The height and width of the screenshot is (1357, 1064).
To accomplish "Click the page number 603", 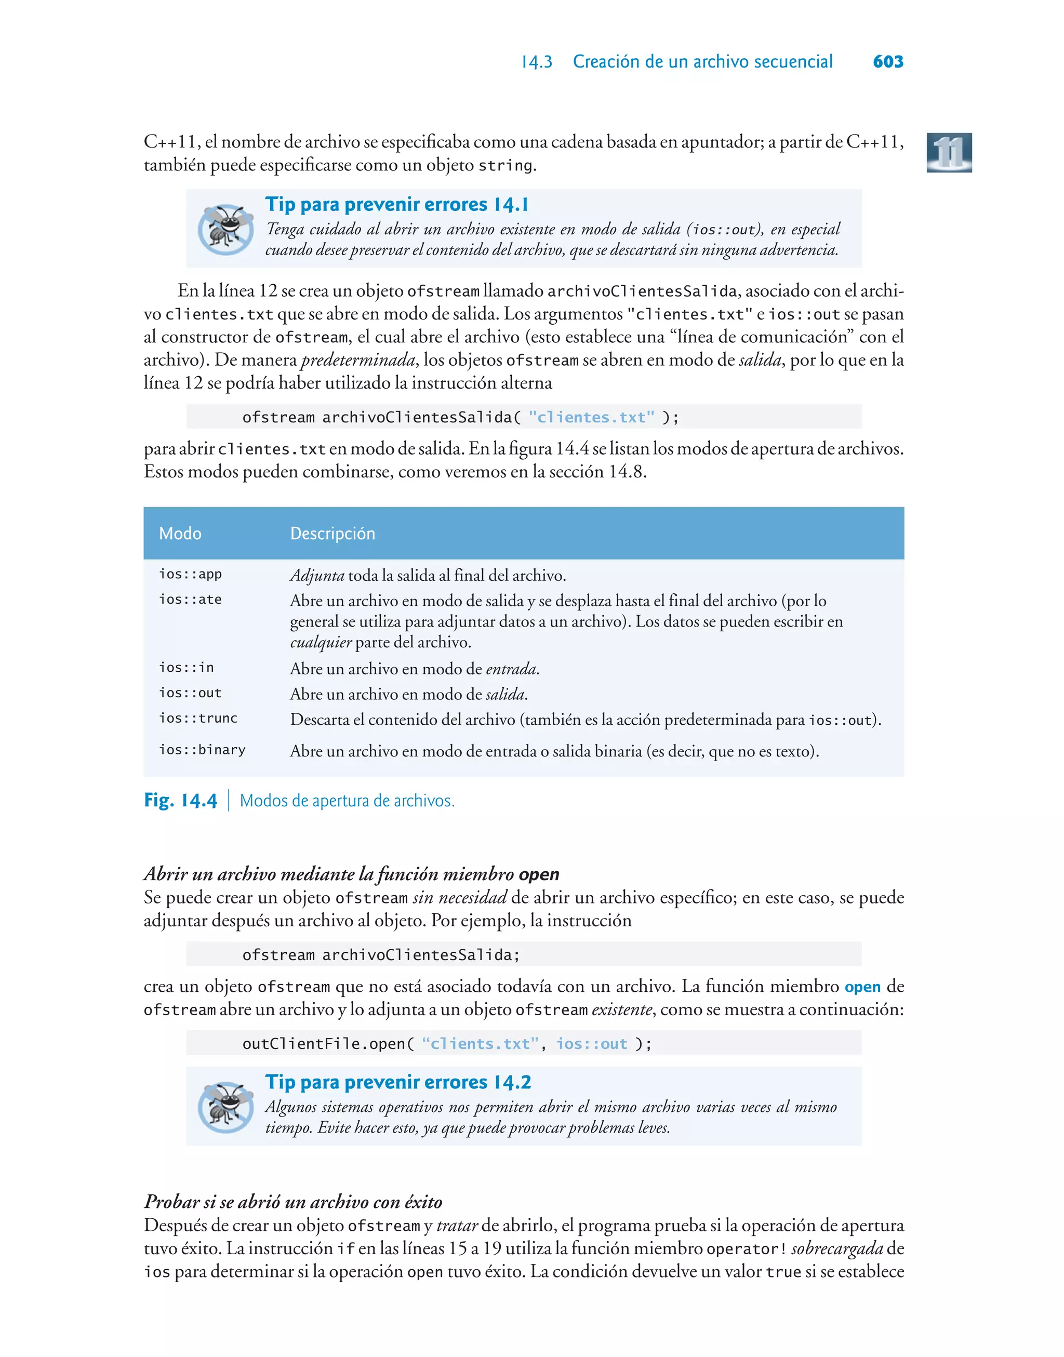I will click(x=888, y=62).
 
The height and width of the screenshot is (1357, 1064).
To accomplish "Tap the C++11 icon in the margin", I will click(x=949, y=153).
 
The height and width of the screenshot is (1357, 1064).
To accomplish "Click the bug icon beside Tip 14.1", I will click(x=225, y=229).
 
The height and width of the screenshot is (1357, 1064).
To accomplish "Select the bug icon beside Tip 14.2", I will click(x=225, y=1107).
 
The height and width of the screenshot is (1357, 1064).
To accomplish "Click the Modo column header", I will click(x=180, y=534).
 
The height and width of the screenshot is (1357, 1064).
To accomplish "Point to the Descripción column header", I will click(x=332, y=534).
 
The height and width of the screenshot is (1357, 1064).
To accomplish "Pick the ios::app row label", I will click(x=190, y=574).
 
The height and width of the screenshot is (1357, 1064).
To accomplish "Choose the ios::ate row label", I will click(x=190, y=600).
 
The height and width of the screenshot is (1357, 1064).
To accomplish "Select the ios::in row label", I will click(x=187, y=668).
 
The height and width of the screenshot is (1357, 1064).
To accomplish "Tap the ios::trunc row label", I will click(x=198, y=718).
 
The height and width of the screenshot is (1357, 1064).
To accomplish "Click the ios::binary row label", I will click(x=202, y=750).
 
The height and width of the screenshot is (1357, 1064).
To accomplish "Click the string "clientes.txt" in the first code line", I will click(x=591, y=417).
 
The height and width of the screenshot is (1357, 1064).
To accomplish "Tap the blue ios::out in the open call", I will click(x=591, y=1044).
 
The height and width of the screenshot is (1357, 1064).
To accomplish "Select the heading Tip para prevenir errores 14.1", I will click(x=397, y=204).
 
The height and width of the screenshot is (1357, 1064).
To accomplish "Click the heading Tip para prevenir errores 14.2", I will click(x=398, y=1082).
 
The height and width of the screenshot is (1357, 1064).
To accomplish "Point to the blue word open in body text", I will click(x=862, y=987).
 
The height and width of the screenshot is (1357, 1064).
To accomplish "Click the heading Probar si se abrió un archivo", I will click(x=293, y=1201).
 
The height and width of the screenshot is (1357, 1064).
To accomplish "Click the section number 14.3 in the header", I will click(x=536, y=62).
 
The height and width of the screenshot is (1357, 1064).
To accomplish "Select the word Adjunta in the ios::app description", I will click(x=317, y=576).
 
